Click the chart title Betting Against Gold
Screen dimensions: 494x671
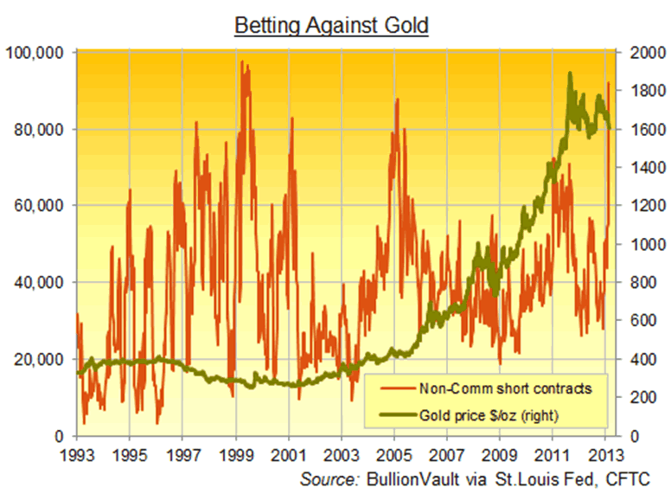click(332, 25)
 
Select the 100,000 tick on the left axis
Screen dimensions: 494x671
click(36, 54)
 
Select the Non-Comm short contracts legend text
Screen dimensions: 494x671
click(505, 388)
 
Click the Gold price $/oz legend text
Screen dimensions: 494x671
click(490, 415)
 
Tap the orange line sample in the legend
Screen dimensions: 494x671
click(392, 388)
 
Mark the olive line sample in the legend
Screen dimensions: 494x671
click(392, 416)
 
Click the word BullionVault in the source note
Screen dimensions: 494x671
click(415, 478)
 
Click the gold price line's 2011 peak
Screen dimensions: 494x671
click(569, 74)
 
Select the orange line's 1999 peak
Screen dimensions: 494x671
click(242, 62)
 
